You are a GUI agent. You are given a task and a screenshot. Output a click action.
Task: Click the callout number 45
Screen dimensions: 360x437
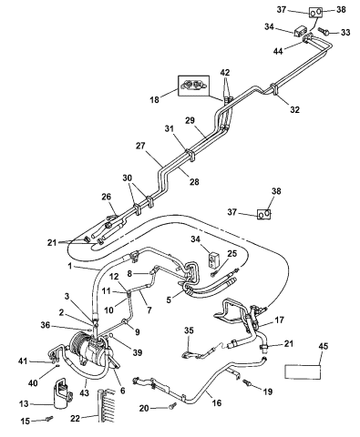(x=324, y=346)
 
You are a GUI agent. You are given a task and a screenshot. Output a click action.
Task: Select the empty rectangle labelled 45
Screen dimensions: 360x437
(x=303, y=371)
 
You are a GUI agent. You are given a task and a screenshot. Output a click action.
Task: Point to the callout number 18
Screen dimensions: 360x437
(x=155, y=99)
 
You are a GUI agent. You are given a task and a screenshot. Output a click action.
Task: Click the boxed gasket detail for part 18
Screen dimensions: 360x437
(x=193, y=86)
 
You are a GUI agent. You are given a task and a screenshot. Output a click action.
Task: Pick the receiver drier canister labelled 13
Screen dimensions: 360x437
(x=62, y=393)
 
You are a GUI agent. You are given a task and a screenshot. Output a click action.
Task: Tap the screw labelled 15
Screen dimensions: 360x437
(x=49, y=418)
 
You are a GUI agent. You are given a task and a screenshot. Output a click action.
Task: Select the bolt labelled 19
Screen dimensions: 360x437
(x=246, y=383)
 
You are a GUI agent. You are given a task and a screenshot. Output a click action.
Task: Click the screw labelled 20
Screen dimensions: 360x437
(x=172, y=405)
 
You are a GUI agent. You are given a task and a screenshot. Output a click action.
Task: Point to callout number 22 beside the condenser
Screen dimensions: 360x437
(x=75, y=419)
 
